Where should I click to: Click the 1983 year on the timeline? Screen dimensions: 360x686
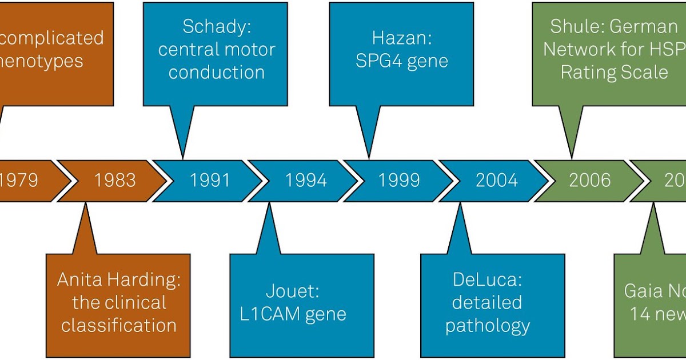(x=115, y=181)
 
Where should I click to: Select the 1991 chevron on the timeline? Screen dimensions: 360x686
(x=210, y=181)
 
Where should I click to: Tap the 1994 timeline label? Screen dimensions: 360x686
(x=306, y=181)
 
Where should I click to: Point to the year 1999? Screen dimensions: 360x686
(x=399, y=181)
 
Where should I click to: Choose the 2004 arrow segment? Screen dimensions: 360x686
(x=496, y=181)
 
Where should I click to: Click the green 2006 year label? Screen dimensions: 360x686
(x=590, y=181)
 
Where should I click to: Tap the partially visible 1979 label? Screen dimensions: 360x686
(x=18, y=181)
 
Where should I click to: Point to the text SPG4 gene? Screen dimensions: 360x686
(x=401, y=61)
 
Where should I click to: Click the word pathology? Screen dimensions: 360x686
(x=488, y=326)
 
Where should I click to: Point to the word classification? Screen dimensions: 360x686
(x=119, y=325)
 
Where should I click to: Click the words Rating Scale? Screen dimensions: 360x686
(x=614, y=72)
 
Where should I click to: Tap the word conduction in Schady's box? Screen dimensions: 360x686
(x=216, y=72)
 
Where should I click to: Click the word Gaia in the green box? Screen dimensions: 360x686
(x=642, y=291)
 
